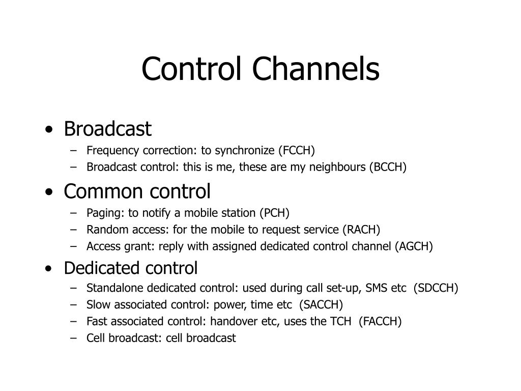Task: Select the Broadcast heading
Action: (107, 129)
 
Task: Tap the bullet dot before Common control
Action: (48, 193)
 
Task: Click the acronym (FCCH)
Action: (296, 150)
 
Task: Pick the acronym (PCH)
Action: (274, 213)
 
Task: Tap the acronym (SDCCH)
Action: (436, 288)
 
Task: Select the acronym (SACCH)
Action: (321, 305)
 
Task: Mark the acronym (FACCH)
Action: (380, 322)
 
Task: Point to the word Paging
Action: (102, 213)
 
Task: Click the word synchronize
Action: (245, 150)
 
